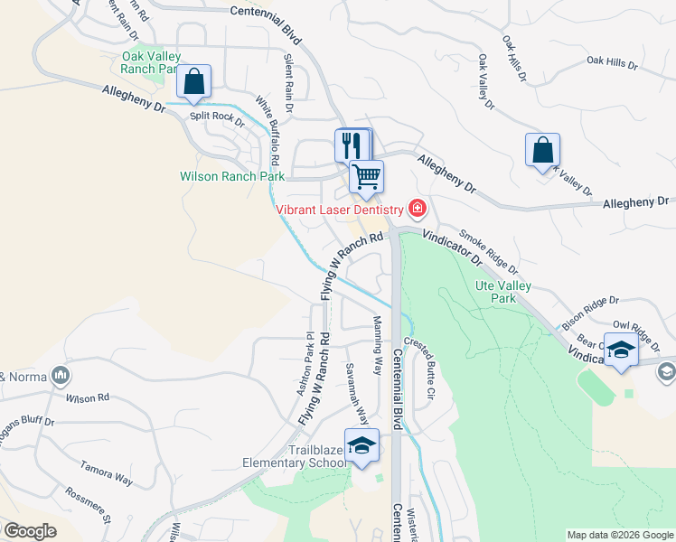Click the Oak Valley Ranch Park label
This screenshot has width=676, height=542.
(x=149, y=62)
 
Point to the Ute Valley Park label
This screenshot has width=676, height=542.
(x=503, y=292)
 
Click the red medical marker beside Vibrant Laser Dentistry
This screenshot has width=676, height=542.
(x=417, y=210)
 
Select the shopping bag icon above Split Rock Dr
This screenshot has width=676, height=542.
(x=193, y=81)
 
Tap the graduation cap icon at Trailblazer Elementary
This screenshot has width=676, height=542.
(x=361, y=446)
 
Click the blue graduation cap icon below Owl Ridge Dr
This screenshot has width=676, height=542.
(x=621, y=350)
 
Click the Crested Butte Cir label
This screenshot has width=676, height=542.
(x=421, y=369)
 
